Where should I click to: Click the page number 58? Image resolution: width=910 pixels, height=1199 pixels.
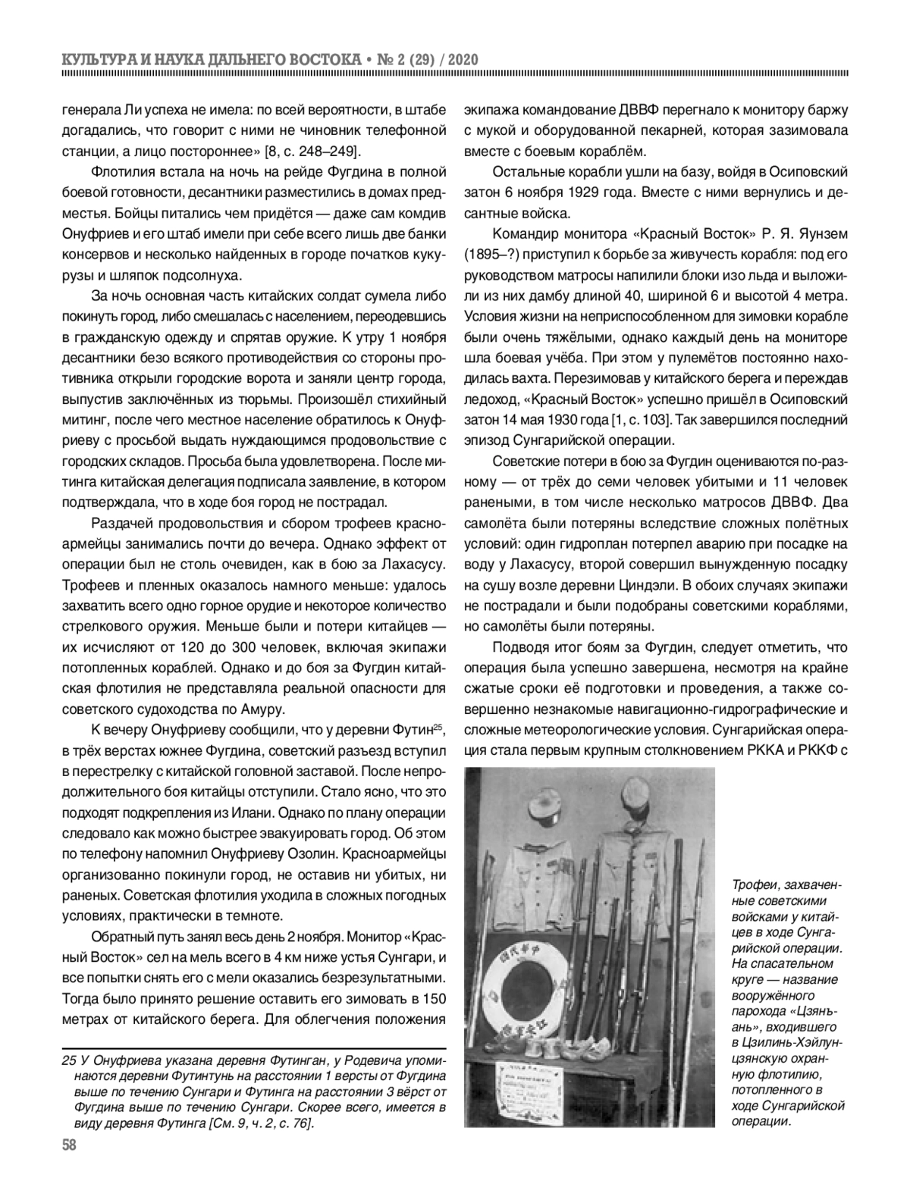coord(69,1145)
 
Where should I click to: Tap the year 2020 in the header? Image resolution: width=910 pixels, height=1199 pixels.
coord(457,60)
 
